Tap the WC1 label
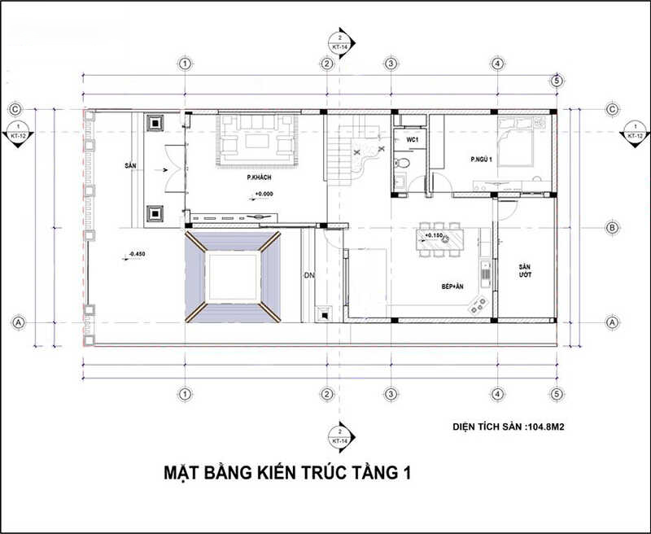pos(413,140)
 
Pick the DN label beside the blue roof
pos(309,275)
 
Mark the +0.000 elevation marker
pos(264,194)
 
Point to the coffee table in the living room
pos(256,140)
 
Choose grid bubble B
pos(612,228)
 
